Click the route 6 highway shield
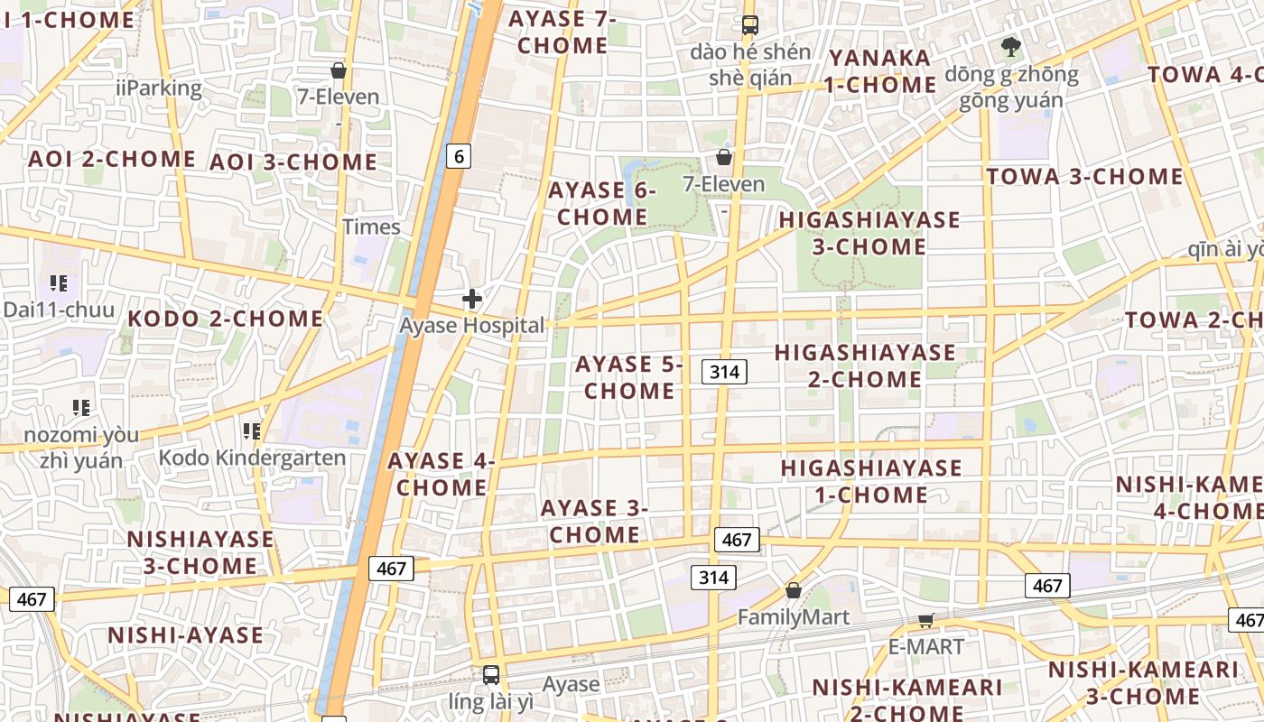(x=459, y=156)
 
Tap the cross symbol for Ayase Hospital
(x=471, y=299)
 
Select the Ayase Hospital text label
(x=472, y=325)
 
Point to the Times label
(x=371, y=227)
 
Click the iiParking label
(x=159, y=88)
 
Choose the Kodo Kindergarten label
(x=252, y=458)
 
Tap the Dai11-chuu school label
(x=59, y=310)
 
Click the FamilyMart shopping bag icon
(x=793, y=590)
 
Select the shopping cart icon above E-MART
(x=925, y=620)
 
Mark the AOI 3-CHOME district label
(x=293, y=162)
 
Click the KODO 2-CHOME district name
(x=225, y=319)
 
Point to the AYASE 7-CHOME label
(x=562, y=32)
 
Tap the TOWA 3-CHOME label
(x=1084, y=176)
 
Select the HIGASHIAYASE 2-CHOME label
(x=865, y=365)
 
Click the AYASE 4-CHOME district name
(x=441, y=474)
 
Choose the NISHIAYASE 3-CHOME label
(x=200, y=552)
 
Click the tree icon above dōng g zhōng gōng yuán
(x=1010, y=46)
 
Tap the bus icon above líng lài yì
(x=490, y=674)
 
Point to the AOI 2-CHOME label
(x=112, y=159)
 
